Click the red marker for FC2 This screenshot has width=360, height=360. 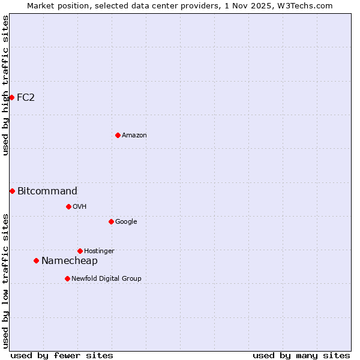pos(11,97)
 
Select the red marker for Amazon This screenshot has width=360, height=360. pos(118,135)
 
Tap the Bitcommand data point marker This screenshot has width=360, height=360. pos(12,191)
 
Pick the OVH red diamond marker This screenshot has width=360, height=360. pos(68,206)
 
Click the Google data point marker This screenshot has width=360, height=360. pos(111,221)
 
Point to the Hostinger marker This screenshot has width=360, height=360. pos(80,251)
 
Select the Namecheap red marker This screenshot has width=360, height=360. pos(36,260)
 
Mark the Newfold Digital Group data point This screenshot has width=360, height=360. pos(67,278)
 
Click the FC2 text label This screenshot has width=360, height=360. pos(26,97)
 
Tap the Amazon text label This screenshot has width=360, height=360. pos(134,135)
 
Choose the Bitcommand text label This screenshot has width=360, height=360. pos(47,191)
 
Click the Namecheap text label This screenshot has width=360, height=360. pos(70,260)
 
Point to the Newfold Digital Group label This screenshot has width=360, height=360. pos(106,278)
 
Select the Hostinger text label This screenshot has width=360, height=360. pos(99,251)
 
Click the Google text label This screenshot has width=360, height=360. pos(126,221)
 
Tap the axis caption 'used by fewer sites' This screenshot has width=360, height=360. pos(62,355)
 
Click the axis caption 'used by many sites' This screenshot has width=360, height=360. pos(301,355)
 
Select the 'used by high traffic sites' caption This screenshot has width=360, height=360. pos(5,85)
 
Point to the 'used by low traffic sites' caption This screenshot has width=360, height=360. pos(5,281)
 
